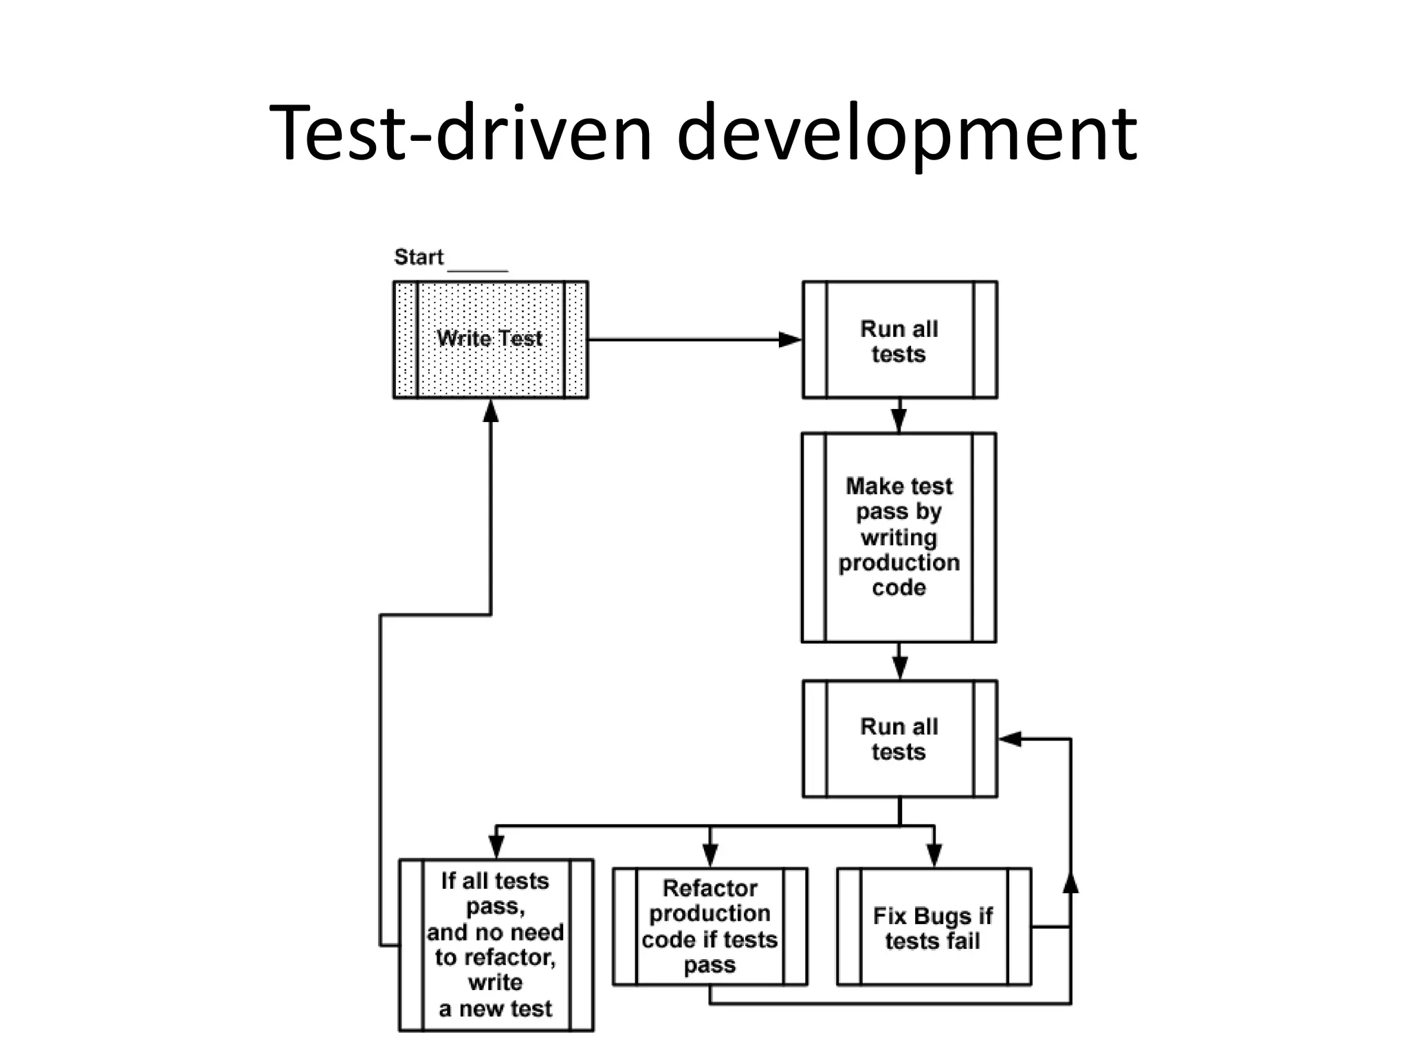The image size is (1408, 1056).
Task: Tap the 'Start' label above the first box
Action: (x=419, y=257)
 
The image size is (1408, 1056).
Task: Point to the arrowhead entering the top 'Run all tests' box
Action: (x=790, y=340)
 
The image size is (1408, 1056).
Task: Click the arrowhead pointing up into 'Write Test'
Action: (x=490, y=410)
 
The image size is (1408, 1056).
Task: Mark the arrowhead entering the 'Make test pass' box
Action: (x=899, y=419)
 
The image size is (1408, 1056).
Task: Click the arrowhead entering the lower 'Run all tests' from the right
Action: (x=1009, y=739)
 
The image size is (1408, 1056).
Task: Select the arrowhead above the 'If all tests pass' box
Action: (x=496, y=847)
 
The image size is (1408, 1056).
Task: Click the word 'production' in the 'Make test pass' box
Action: (x=899, y=562)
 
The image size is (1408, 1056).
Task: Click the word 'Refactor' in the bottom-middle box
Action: (x=709, y=888)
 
